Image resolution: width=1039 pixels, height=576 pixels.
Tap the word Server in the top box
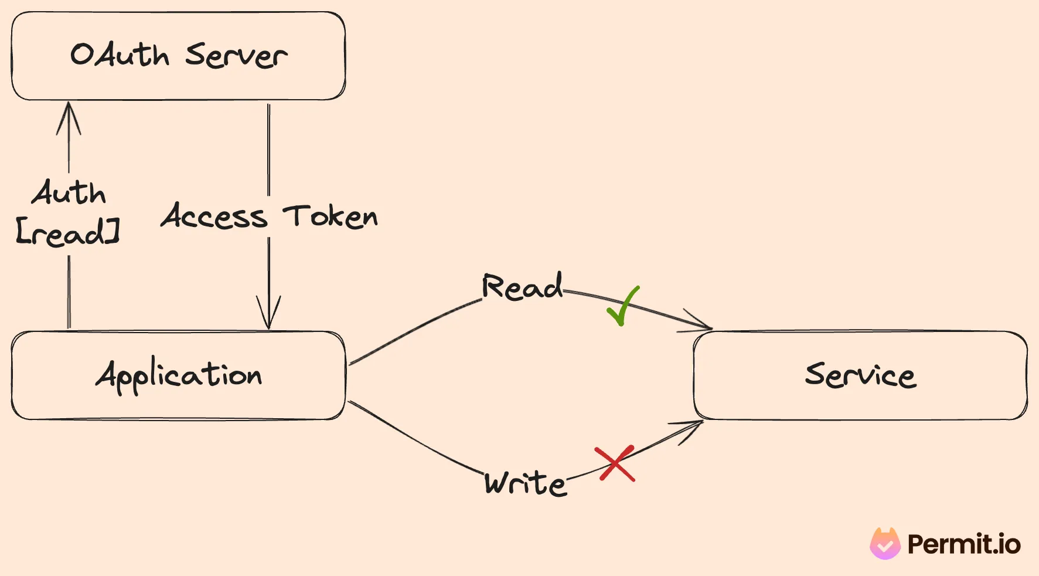[236, 56]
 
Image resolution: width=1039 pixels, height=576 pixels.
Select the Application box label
[179, 375]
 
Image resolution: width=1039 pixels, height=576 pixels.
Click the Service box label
[860, 375]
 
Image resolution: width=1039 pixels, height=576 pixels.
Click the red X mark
[615, 463]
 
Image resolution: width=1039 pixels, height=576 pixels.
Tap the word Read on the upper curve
[522, 287]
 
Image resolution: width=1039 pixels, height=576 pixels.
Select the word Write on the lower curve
[525, 484]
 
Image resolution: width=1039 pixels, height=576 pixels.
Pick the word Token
[331, 216]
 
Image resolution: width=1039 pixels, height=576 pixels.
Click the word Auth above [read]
[69, 193]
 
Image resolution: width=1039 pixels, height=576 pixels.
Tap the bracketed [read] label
[67, 232]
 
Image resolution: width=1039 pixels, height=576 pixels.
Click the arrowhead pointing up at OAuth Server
[69, 114]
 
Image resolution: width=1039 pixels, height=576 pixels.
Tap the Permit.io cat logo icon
[885, 544]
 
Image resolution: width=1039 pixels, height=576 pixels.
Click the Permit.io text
[963, 544]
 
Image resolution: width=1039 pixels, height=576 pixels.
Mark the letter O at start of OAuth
[83, 55]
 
